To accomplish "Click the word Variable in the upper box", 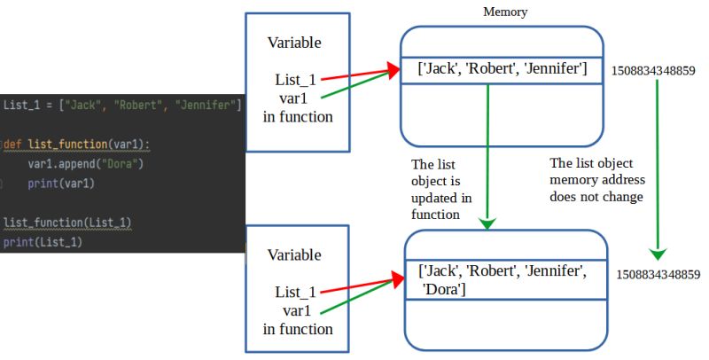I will pos(294,43).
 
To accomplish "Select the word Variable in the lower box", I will pos(294,254).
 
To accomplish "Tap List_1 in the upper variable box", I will pos(295,80).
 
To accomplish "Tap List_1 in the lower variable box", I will pos(295,292).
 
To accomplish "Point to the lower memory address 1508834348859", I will pos(658,275).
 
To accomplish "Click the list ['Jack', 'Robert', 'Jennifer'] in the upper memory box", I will pos(503,68).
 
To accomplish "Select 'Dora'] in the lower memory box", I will pos(445,289).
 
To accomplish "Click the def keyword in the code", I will pos(15,144).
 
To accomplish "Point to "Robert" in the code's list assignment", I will pos(142,105).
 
